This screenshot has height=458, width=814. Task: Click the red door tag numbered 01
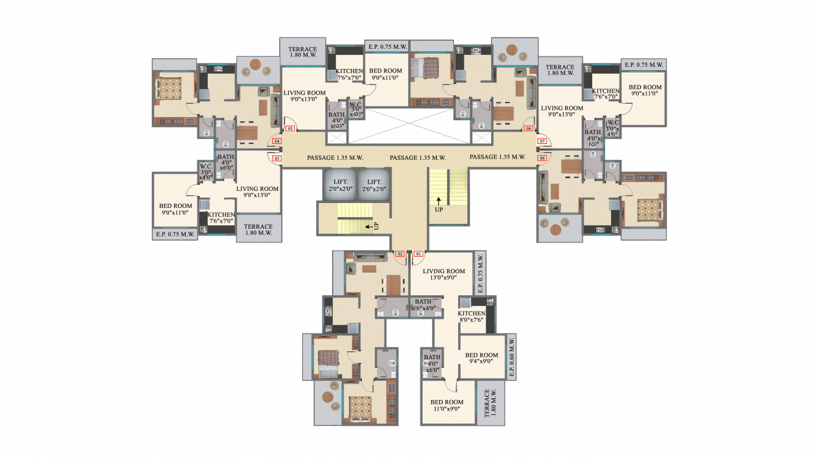pos(419,254)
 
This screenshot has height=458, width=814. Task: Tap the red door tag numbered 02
pos(400,254)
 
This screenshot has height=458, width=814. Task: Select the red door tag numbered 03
pos(277,159)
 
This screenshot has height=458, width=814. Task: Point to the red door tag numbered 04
pos(277,141)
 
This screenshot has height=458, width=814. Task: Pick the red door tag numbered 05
pos(290,129)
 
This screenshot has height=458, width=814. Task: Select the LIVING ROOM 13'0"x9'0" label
pos(444,274)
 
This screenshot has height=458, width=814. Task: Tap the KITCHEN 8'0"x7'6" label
pos(472,317)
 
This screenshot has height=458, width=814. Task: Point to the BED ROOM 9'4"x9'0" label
pos(481,358)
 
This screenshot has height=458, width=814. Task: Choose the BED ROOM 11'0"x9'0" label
pos(447,406)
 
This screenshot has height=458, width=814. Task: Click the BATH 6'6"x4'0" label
pos(425,305)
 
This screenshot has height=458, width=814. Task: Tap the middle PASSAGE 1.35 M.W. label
pos(418,157)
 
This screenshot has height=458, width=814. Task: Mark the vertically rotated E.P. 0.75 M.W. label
pos(480,274)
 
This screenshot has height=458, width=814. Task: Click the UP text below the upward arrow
pos(439,210)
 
